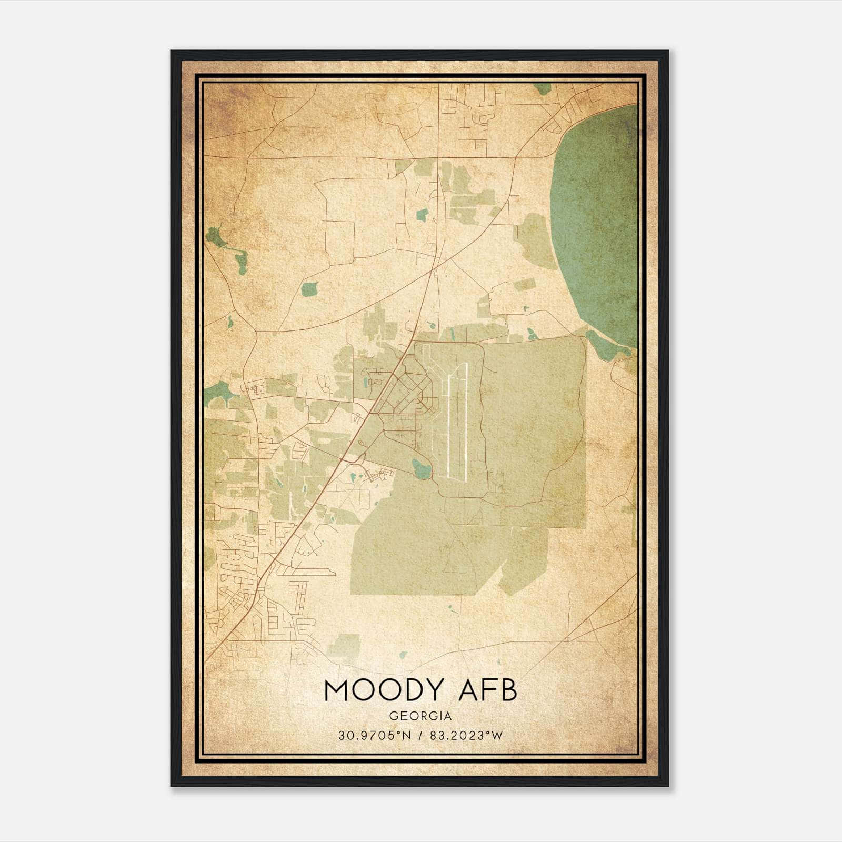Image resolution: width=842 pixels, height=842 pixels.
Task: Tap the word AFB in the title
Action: (x=488, y=690)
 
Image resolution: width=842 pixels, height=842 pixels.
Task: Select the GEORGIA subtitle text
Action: (x=420, y=716)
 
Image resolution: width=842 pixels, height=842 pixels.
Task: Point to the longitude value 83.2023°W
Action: (x=466, y=736)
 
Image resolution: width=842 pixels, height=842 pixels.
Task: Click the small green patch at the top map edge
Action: (x=541, y=88)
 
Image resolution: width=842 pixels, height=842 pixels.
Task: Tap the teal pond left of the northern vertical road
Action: (x=422, y=214)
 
